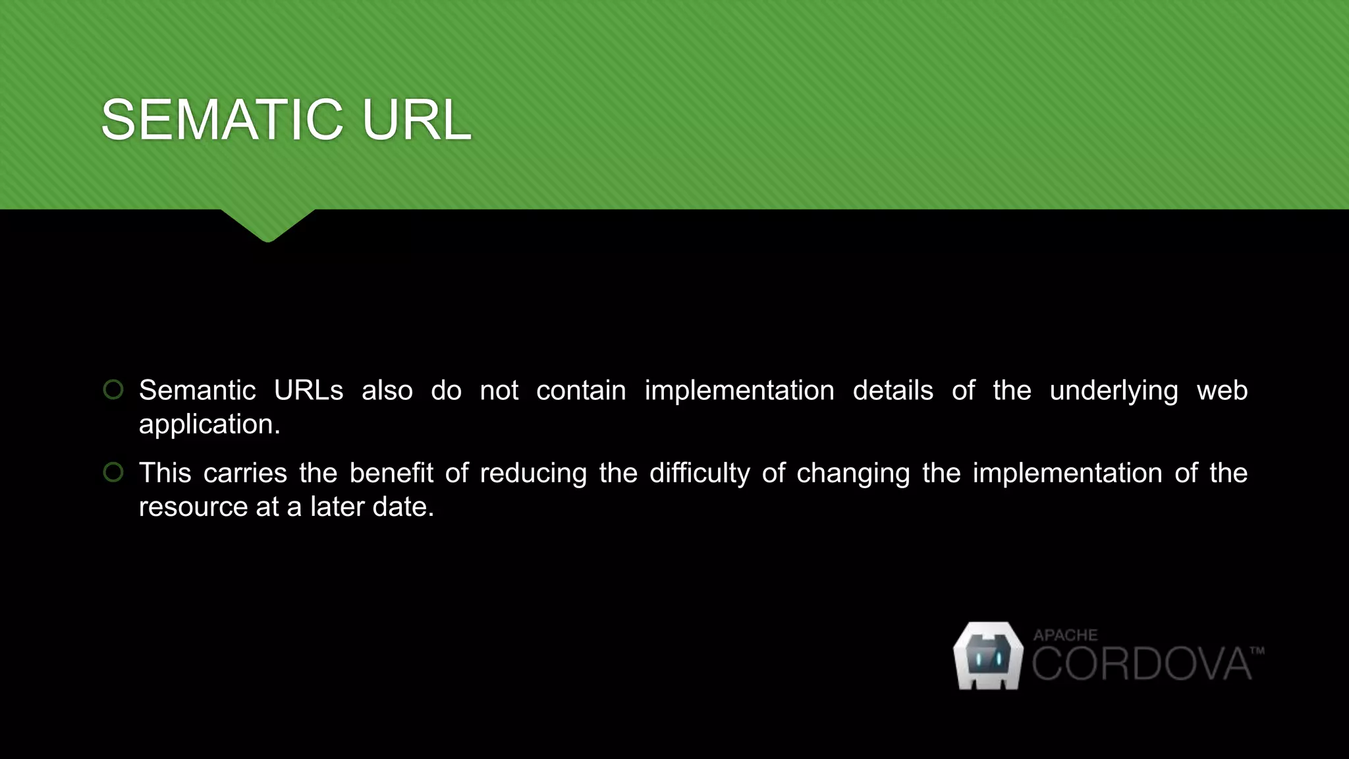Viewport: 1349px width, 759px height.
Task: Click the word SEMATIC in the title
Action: pos(221,120)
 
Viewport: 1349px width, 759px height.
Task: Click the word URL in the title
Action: pos(416,120)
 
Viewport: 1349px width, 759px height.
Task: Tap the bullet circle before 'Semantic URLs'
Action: pos(113,389)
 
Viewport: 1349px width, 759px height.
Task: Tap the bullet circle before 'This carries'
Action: pos(113,472)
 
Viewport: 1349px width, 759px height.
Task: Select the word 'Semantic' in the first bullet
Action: pos(197,391)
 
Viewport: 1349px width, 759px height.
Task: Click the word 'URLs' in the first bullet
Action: pos(308,391)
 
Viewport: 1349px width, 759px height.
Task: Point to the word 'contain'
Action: pos(581,391)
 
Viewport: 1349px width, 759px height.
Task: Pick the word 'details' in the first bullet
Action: pos(893,391)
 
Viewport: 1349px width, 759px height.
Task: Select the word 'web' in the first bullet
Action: pos(1222,391)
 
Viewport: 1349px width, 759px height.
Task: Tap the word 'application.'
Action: pos(209,425)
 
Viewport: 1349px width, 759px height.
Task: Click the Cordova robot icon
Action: pos(988,656)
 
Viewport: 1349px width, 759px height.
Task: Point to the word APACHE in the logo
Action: pos(1065,635)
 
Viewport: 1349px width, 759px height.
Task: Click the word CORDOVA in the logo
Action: pos(1141,664)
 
